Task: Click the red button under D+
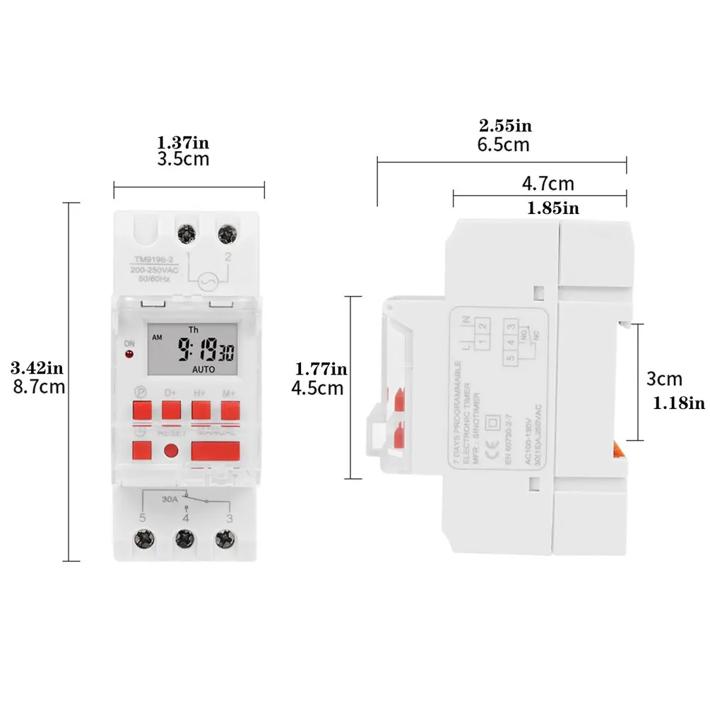[171, 410]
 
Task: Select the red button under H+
[201, 410]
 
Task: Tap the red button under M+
[230, 410]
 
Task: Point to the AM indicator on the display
[156, 337]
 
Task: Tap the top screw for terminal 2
[227, 233]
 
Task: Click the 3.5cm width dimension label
[183, 159]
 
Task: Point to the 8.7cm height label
[39, 386]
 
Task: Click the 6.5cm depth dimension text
[504, 145]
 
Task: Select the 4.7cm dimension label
[548, 184]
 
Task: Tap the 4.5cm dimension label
[318, 387]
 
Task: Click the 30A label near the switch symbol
[169, 497]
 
